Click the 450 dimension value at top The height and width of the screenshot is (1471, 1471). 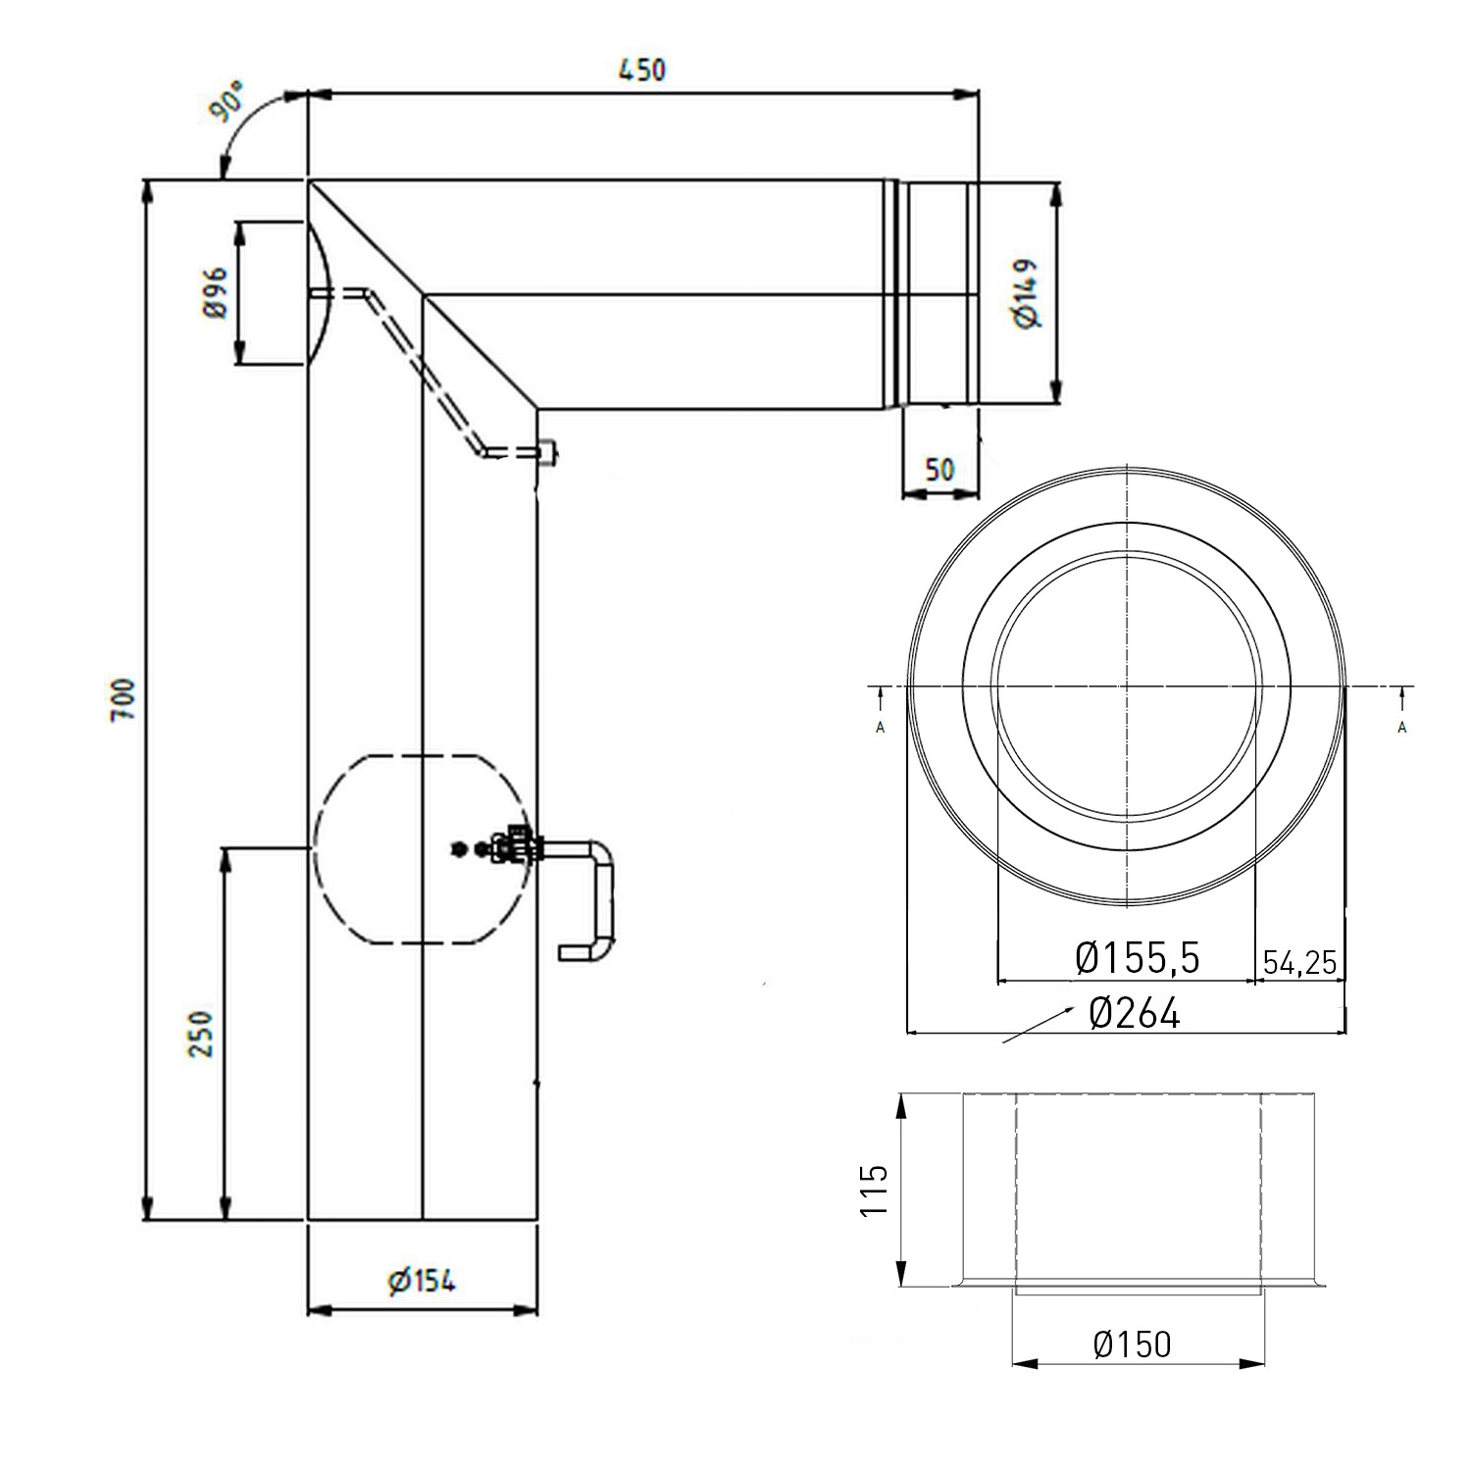641,71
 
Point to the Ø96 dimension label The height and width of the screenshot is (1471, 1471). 217,291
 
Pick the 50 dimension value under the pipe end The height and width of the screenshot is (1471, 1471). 938,469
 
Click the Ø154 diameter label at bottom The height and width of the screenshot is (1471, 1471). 422,1281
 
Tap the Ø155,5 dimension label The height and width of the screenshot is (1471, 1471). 1137,958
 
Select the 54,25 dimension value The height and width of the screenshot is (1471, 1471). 1299,962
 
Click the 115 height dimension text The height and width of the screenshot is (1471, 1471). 873,1191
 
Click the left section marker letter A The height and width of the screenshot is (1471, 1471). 880,727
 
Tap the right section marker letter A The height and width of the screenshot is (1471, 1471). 1402,727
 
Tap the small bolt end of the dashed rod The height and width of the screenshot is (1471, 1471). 547,451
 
